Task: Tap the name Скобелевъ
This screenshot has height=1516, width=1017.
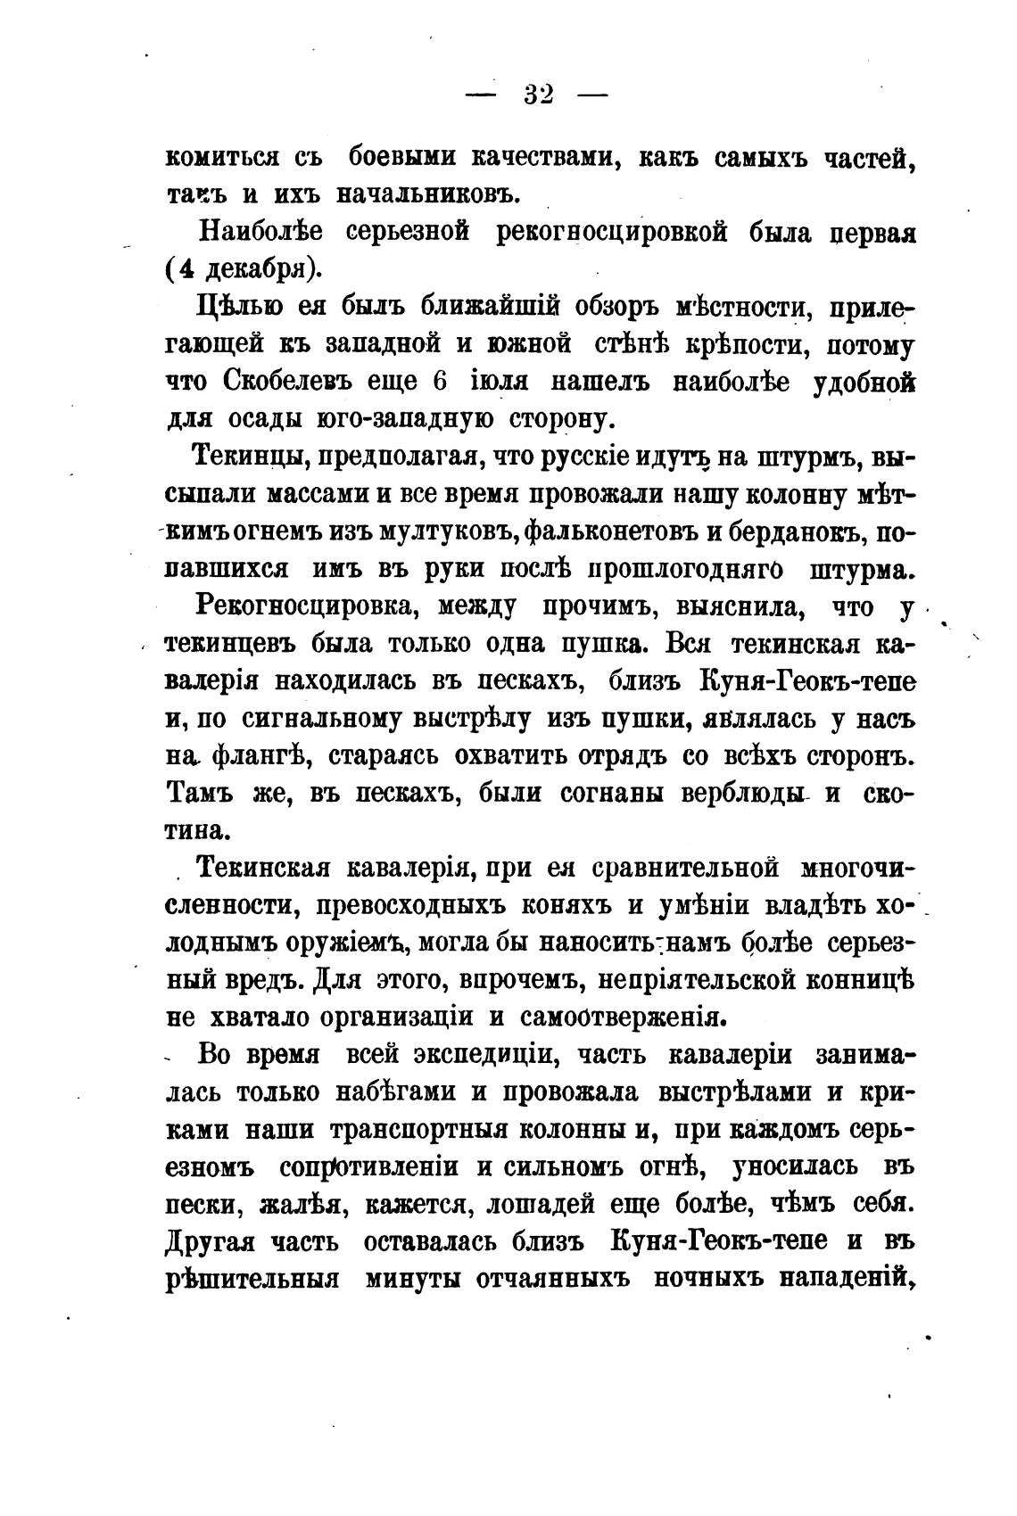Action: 285,382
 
